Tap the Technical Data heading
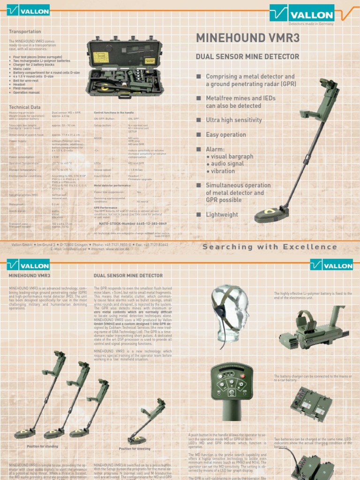pos(25,107)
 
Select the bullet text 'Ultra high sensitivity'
pos(234,120)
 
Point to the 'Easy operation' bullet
pos(226,135)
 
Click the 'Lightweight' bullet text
pos(222,215)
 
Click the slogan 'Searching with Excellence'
pos(270,247)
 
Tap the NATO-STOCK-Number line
pos(133,224)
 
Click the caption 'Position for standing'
pos(42,446)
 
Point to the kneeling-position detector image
pos(148,422)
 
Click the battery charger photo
pos(311,403)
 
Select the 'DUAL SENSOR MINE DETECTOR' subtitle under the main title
pos(247,57)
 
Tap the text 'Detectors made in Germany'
pos(310,23)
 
